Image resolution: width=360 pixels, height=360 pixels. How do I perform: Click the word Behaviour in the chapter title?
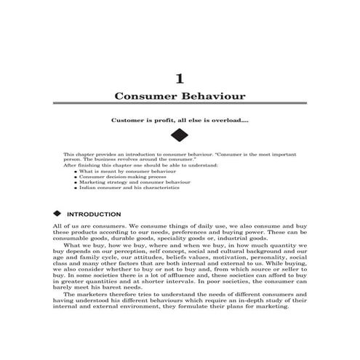tap(211, 96)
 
